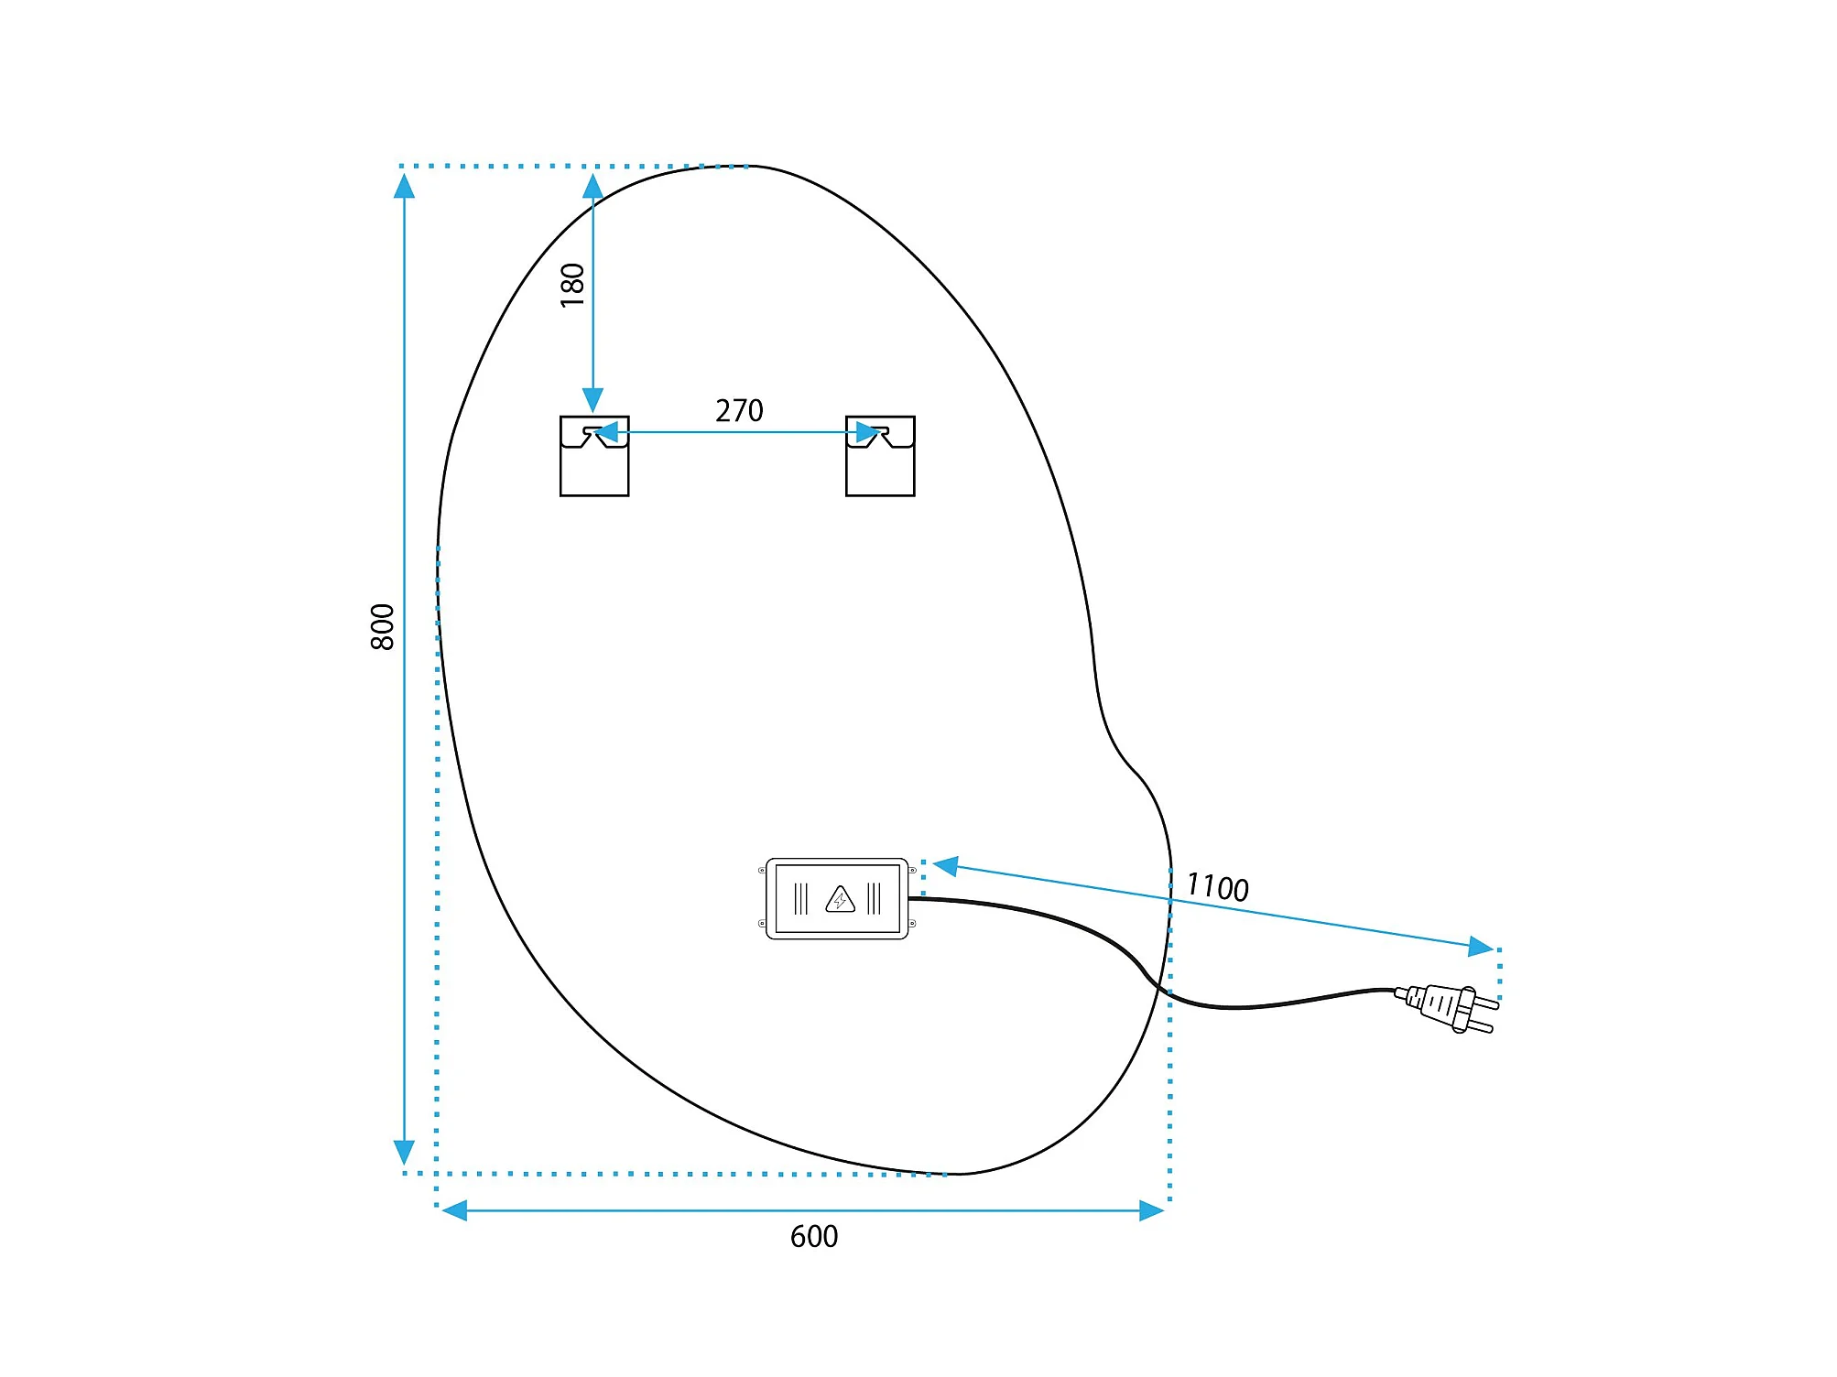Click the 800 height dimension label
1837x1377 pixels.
(382, 627)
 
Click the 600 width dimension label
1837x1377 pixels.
(814, 1237)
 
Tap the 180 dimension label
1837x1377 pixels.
(572, 285)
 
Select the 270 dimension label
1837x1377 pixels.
(739, 410)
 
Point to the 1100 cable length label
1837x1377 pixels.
(1217, 887)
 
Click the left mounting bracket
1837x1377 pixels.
(594, 456)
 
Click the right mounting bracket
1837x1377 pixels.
(880, 456)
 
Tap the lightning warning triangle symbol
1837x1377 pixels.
(840, 900)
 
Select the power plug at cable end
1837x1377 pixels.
(1447, 1008)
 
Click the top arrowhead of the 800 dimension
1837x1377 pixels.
(404, 186)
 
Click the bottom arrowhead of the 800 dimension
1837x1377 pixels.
(404, 1153)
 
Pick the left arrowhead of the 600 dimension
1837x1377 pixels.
(454, 1211)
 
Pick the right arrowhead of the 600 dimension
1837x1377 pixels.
(1152, 1211)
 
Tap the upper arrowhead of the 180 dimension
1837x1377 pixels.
(593, 187)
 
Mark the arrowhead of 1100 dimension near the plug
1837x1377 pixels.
(1481, 947)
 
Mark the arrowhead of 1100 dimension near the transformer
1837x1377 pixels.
(946, 865)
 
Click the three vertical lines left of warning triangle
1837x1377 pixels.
(801, 899)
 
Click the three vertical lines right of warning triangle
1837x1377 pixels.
(874, 899)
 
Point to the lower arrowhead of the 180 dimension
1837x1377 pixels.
(593, 400)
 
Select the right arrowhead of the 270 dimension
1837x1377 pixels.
(867, 432)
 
